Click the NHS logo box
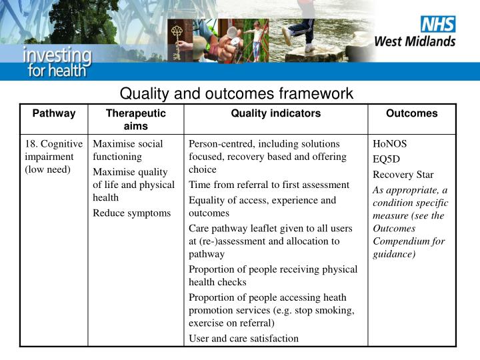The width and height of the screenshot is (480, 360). click(437, 25)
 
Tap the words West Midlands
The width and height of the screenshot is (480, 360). click(415, 41)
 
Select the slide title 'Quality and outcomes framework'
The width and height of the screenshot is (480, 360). click(236, 93)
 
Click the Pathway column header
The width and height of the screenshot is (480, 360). click(54, 113)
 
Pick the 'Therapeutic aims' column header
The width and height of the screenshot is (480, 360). click(135, 119)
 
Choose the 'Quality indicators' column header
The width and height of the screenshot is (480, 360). click(275, 113)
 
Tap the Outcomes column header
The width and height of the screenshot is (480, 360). click(411, 113)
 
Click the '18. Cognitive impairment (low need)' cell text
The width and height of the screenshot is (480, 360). click(53, 157)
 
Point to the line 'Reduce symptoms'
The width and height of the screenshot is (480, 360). click(131, 213)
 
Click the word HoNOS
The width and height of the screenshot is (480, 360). click(389, 144)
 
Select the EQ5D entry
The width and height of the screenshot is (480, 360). click(387, 159)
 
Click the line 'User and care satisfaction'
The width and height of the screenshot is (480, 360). click(243, 338)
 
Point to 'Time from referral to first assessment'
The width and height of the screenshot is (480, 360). click(269, 185)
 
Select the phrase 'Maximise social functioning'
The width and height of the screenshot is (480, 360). click(127, 150)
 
